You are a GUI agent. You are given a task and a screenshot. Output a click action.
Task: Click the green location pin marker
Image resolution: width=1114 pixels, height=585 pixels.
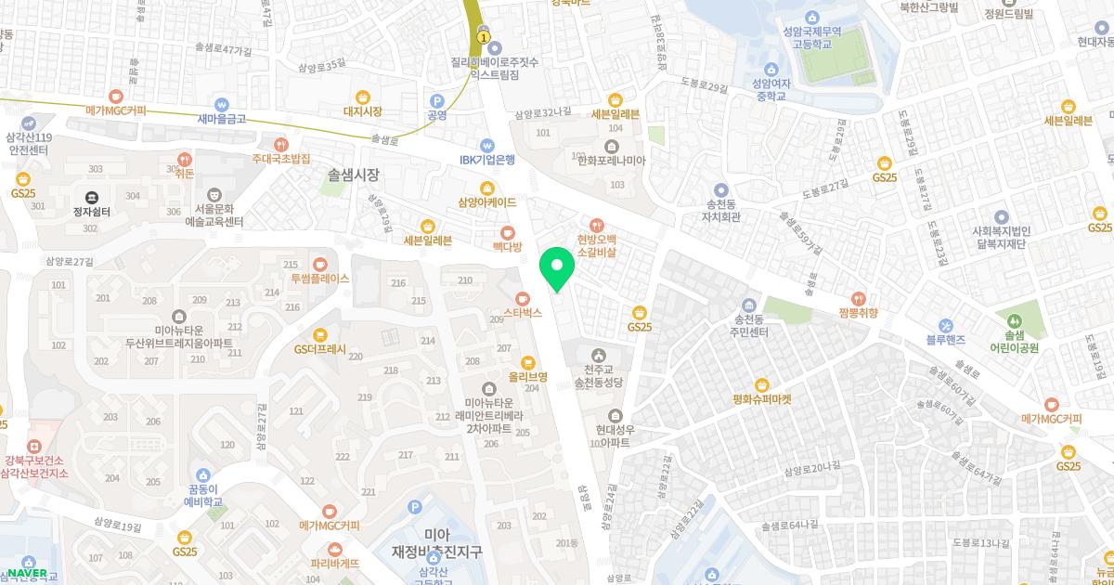click(x=557, y=268)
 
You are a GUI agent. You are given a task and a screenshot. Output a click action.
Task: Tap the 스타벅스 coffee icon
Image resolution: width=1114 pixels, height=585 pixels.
click(x=523, y=298)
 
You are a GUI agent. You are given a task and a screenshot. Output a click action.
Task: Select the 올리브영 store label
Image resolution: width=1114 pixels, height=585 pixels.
click(x=527, y=378)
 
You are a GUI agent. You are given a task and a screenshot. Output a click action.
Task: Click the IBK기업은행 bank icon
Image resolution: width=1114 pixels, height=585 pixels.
click(x=486, y=145)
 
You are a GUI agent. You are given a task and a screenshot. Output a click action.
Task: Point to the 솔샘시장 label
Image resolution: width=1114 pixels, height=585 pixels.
click(x=354, y=174)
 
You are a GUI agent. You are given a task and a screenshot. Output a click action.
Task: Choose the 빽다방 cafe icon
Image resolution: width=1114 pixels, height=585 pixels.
click(x=507, y=232)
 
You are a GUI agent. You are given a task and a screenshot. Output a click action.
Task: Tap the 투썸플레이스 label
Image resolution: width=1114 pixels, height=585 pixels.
click(x=319, y=278)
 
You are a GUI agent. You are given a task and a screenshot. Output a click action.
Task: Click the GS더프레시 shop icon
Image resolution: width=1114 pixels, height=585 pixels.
click(x=320, y=334)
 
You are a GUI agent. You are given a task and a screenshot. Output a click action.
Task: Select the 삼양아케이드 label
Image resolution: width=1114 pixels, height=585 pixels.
click(x=487, y=201)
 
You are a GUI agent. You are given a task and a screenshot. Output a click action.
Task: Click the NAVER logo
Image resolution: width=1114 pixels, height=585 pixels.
click(x=26, y=573)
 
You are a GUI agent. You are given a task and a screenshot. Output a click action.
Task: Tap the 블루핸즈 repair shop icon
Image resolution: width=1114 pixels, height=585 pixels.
click(x=946, y=325)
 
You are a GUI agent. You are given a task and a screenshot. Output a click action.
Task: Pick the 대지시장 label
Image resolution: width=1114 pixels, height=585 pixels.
click(x=362, y=111)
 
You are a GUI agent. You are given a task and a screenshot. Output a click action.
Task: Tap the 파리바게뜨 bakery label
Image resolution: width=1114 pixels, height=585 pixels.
click(x=334, y=563)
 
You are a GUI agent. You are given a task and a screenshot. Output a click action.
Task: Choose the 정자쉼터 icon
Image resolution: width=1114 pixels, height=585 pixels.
click(x=91, y=196)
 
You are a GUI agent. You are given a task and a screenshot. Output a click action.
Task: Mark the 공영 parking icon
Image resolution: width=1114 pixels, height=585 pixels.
click(x=436, y=116)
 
